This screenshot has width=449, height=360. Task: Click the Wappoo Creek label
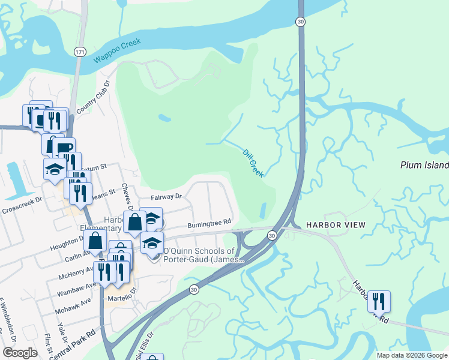pyautogui.click(x=117, y=50)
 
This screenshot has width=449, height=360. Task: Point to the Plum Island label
pyautogui.click(x=424, y=165)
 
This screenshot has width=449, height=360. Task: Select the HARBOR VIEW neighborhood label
pyautogui.click(x=336, y=225)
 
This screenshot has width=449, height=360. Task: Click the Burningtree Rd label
pyautogui.click(x=209, y=222)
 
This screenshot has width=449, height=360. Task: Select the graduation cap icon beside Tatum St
pyautogui.click(x=55, y=169)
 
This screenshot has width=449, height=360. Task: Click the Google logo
pyautogui.click(x=20, y=353)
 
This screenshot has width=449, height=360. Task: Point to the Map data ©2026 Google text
pyautogui.click(x=411, y=355)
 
